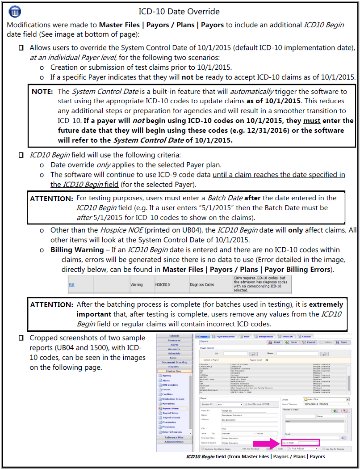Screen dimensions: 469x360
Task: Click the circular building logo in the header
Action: [x=15, y=11]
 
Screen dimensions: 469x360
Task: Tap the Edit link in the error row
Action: [x=71, y=284]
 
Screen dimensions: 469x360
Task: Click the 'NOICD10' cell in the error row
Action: [x=162, y=284]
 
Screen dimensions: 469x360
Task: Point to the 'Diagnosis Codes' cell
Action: [x=202, y=284]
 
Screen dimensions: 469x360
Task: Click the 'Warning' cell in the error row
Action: [x=136, y=284]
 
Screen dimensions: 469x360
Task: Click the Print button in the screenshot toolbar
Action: [x=274, y=342]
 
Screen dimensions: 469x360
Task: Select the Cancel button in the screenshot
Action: [x=309, y=342]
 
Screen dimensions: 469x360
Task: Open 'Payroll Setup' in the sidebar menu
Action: [x=170, y=413]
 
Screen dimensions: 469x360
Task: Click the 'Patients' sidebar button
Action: [x=174, y=336]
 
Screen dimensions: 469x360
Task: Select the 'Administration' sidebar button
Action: [x=174, y=442]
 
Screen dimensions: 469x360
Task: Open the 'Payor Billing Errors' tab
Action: [x=225, y=336]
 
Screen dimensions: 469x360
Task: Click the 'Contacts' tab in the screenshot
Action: [x=306, y=336]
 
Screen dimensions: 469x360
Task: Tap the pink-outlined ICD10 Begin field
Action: [x=301, y=443]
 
